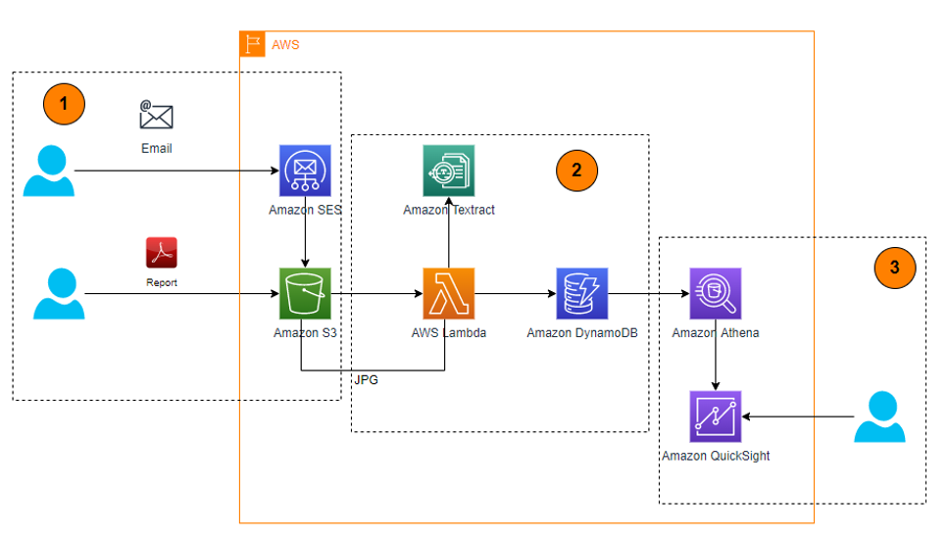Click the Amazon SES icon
(305, 171)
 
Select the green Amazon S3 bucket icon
(305, 293)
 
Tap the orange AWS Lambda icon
(448, 293)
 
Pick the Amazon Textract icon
(448, 171)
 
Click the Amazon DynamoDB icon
(582, 293)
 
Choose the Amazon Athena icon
(715, 293)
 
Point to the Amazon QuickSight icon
(715, 416)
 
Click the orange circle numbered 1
(65, 103)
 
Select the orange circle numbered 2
(576, 170)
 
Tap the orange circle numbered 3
(895, 265)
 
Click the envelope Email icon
(156, 116)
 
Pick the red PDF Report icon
(162, 253)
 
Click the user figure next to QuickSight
(880, 416)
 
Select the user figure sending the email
(48, 171)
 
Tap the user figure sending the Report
(58, 293)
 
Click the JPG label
(366, 380)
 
